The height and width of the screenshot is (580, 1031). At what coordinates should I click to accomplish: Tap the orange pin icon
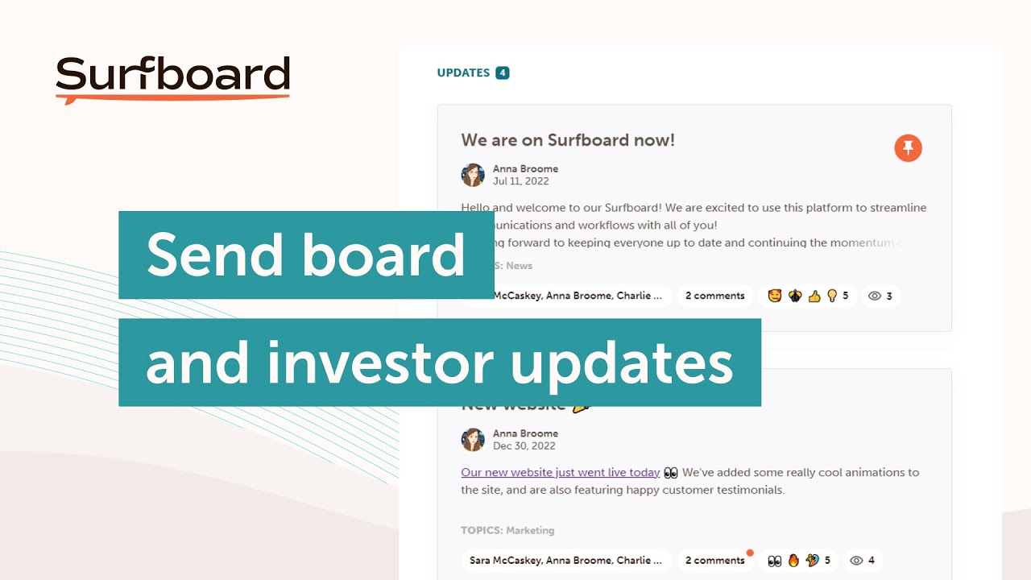pyautogui.click(x=908, y=148)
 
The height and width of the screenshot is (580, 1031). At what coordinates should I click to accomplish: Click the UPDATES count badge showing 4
pyautogui.click(x=503, y=73)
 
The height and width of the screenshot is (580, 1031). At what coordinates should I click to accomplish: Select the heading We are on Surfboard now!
pyautogui.click(x=568, y=140)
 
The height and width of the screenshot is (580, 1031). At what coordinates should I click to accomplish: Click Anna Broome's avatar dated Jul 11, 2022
pyautogui.click(x=473, y=175)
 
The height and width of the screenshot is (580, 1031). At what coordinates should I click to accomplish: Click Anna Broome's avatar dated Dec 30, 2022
pyautogui.click(x=473, y=440)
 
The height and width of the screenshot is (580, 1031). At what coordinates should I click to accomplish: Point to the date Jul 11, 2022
pyautogui.click(x=520, y=181)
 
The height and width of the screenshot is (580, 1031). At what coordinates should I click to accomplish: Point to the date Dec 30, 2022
pyautogui.click(x=524, y=446)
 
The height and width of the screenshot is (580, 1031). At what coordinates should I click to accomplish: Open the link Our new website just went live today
pyautogui.click(x=560, y=473)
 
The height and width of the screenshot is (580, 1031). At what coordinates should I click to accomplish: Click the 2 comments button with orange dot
pyautogui.click(x=714, y=561)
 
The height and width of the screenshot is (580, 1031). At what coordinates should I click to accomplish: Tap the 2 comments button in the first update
pyautogui.click(x=714, y=296)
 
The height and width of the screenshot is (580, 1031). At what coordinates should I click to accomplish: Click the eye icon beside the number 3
pyautogui.click(x=875, y=296)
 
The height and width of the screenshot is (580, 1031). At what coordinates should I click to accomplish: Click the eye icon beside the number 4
pyautogui.click(x=857, y=561)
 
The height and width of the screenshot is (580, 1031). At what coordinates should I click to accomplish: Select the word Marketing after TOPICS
pyautogui.click(x=530, y=531)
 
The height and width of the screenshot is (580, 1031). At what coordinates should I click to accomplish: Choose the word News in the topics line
pyautogui.click(x=519, y=266)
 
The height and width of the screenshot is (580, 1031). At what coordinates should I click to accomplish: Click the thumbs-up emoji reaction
pyautogui.click(x=814, y=296)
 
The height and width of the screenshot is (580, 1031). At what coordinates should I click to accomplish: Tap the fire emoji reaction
pyautogui.click(x=793, y=561)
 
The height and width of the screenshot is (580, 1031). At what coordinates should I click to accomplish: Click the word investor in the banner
pyautogui.click(x=380, y=362)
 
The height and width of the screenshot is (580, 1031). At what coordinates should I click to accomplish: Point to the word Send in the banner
pyautogui.click(x=213, y=255)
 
